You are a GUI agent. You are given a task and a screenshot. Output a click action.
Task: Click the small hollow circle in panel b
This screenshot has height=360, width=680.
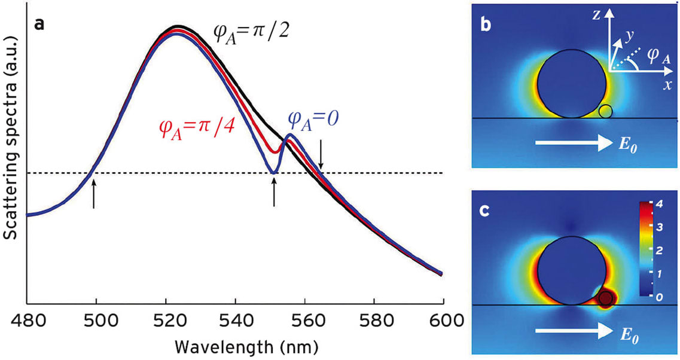pos(605,111)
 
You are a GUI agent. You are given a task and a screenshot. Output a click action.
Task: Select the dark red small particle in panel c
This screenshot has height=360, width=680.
pos(605,297)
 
